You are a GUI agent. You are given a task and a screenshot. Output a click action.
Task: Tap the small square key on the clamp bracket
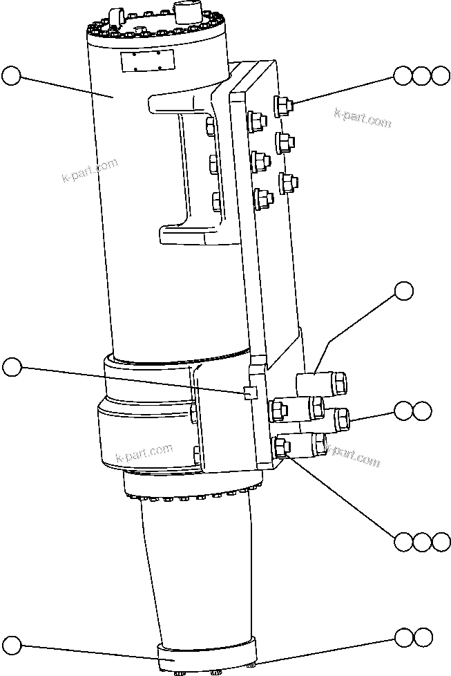(251, 393)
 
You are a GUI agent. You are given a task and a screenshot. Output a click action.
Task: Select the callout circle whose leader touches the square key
(12, 367)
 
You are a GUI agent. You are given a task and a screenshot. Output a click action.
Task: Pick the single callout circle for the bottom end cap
(12, 646)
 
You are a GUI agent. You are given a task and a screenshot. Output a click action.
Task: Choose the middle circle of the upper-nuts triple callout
(421, 75)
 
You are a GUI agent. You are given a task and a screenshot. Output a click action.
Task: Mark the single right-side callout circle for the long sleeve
(404, 291)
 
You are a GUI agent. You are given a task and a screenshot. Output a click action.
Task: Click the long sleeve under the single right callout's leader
(321, 382)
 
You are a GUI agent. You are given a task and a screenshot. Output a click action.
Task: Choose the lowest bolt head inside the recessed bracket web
(216, 201)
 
